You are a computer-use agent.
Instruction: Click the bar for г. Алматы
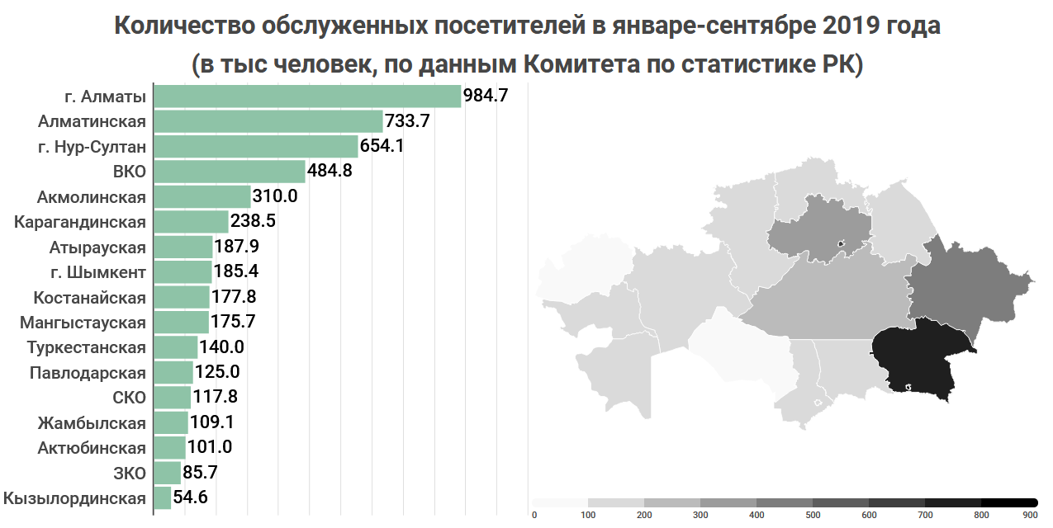(x=307, y=97)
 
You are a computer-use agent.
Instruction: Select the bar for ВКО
(x=230, y=172)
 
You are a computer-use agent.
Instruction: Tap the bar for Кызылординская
(x=163, y=498)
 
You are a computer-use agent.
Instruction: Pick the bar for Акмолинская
(x=202, y=197)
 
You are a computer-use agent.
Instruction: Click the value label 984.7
(x=486, y=97)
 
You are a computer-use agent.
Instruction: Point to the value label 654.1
(x=382, y=147)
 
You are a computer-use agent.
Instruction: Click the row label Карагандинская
(x=80, y=222)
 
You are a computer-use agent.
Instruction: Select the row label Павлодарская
(x=88, y=373)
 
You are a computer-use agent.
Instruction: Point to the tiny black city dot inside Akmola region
(x=841, y=243)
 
